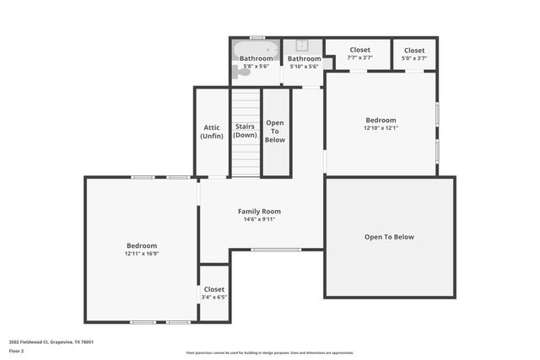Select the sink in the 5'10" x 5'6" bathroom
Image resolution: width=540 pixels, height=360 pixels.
coord(301,46)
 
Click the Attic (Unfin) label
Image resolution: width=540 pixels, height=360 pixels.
coord(211,132)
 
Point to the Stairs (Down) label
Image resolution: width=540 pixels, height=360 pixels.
coord(246,131)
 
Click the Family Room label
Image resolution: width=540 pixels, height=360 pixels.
coord(259,211)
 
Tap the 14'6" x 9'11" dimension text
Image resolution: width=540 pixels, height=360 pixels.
coord(259,220)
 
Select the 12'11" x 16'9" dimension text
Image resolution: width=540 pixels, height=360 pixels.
coord(141,254)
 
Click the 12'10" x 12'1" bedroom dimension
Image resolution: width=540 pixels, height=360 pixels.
coord(381,128)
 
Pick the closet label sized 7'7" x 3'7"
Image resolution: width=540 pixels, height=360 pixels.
coord(359,50)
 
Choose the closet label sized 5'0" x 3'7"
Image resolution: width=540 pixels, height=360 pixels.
coord(414,50)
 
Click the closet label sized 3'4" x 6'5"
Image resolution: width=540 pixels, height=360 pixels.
coord(214,289)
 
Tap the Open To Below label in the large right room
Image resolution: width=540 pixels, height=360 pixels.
coord(389,237)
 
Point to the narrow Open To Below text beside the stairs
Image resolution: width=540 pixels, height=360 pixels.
coord(275,131)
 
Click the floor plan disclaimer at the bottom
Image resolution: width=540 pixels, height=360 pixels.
coord(270,352)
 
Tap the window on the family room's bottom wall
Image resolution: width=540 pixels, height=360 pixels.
coord(276,250)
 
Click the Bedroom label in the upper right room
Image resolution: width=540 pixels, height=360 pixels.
coord(381,120)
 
